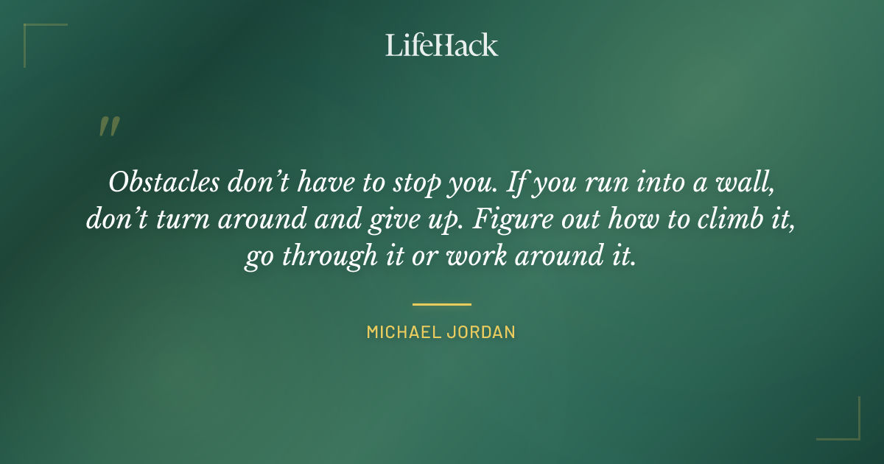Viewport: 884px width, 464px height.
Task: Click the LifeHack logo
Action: (x=441, y=45)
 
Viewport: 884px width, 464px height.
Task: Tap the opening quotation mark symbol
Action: (x=108, y=127)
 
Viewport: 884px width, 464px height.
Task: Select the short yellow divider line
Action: (x=441, y=303)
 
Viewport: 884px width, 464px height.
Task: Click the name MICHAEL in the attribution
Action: (x=402, y=332)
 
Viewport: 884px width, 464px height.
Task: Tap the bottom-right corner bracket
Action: (x=847, y=427)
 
